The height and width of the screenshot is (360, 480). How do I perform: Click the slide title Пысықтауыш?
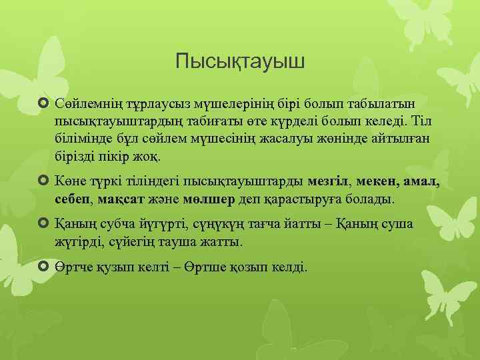coord(240,63)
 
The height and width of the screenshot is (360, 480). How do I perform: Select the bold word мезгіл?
coord(331,181)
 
